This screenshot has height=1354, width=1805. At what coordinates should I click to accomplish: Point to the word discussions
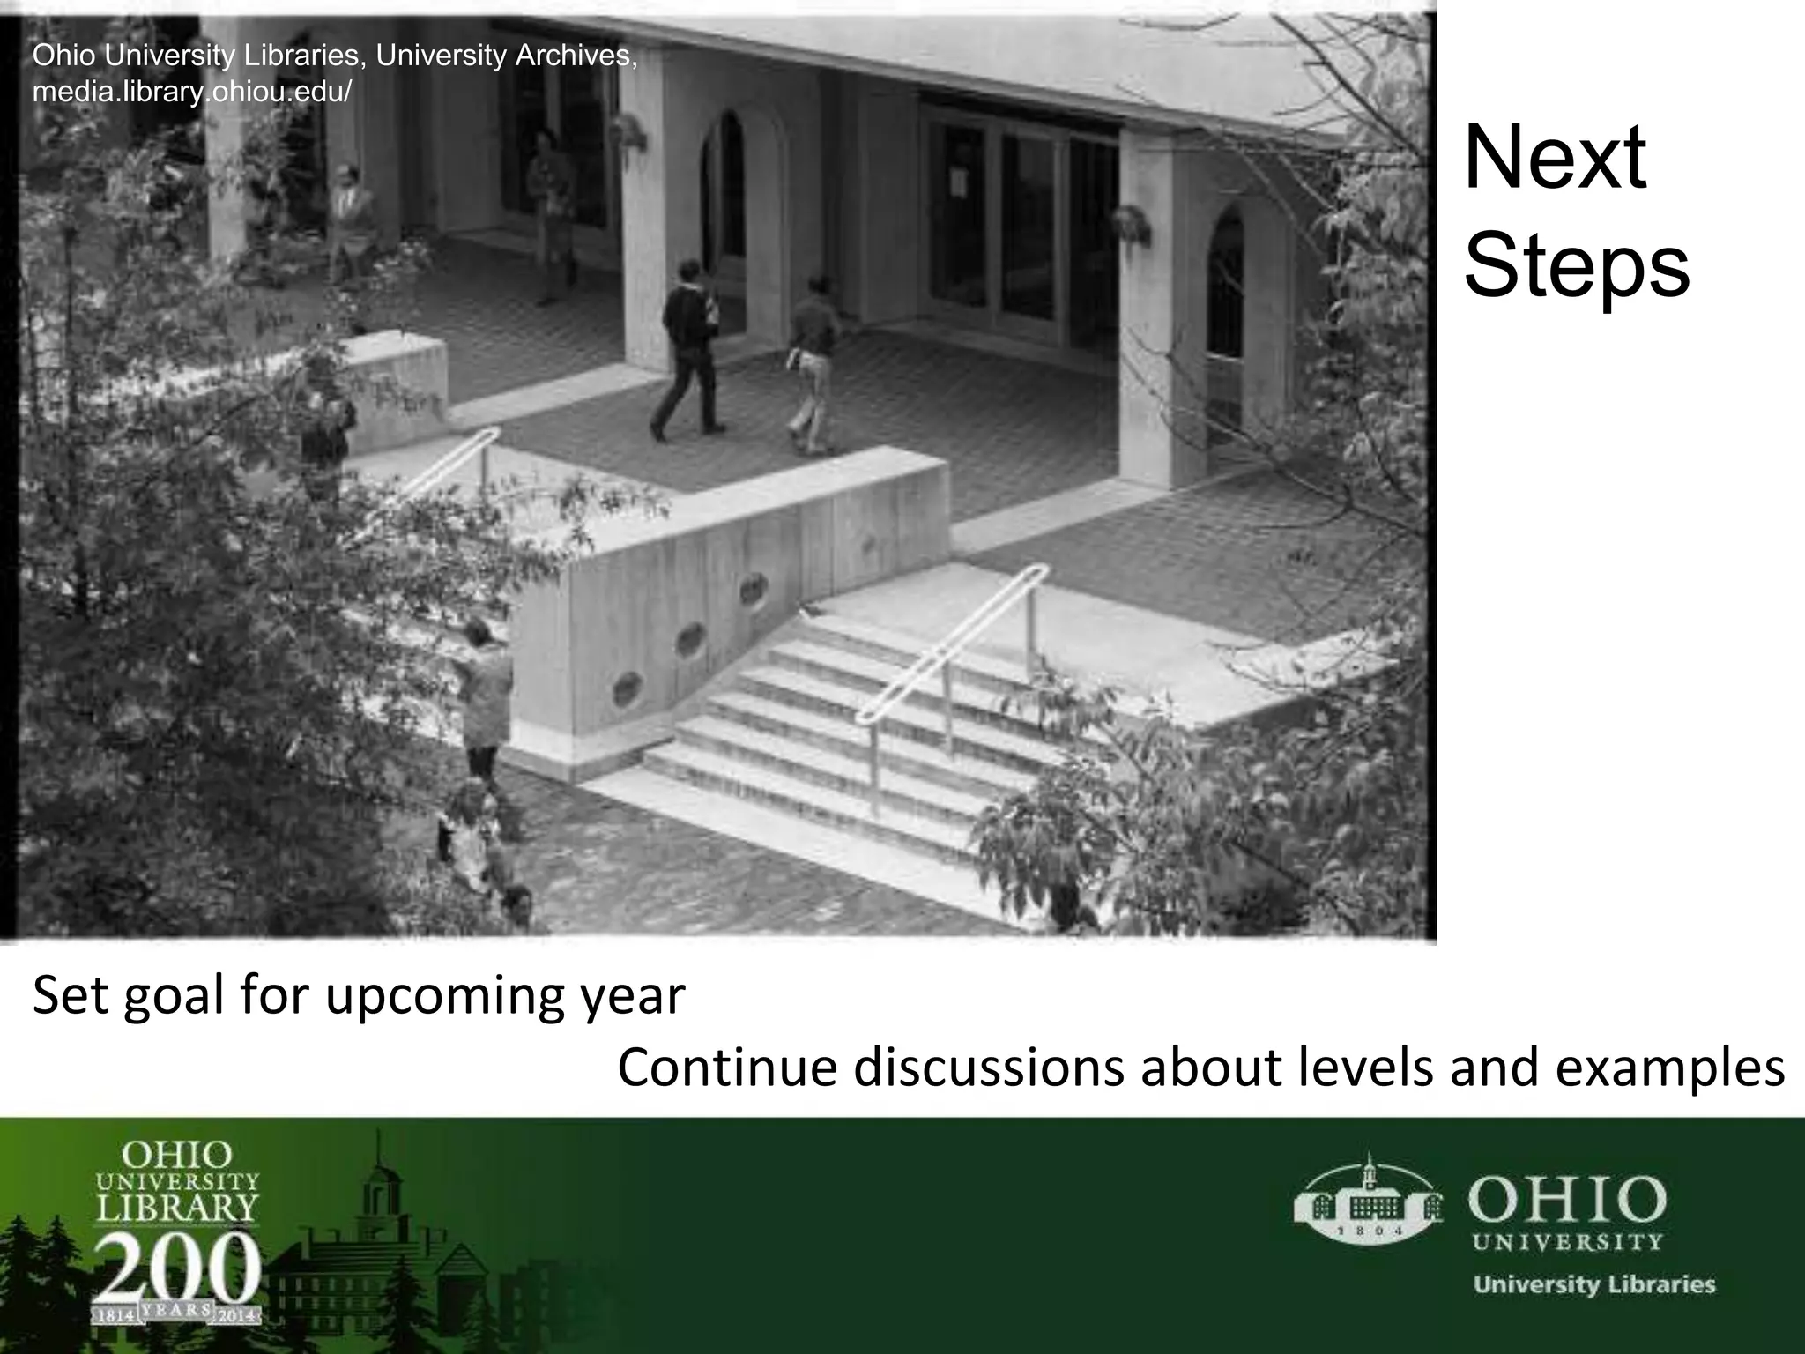[990, 1068]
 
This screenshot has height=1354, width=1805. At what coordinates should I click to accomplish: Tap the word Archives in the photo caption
[574, 56]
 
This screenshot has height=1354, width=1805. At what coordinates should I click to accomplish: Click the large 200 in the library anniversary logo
[177, 1270]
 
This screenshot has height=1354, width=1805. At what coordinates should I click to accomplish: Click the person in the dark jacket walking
[689, 348]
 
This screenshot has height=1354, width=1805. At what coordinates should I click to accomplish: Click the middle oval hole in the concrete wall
[690, 641]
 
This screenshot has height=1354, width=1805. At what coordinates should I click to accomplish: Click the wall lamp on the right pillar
[1132, 224]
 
